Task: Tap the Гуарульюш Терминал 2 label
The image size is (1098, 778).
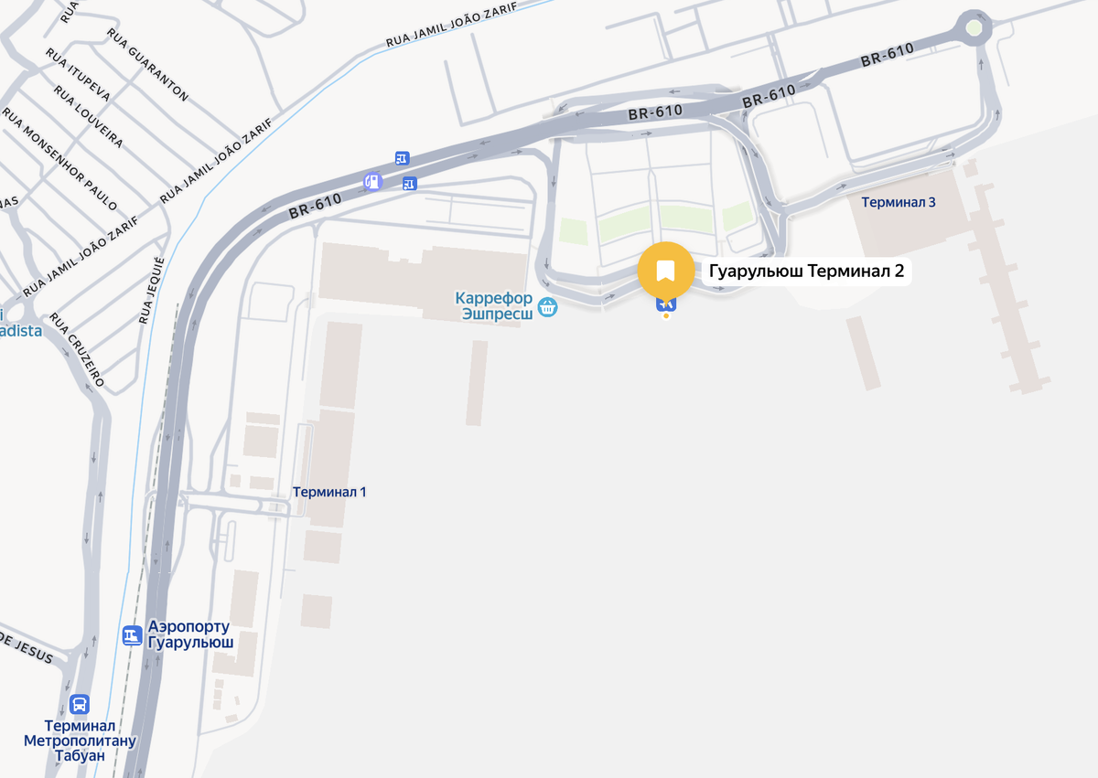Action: pos(807,272)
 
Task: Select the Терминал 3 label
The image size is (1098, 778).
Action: pos(898,202)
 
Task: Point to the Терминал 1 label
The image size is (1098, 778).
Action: pos(329,492)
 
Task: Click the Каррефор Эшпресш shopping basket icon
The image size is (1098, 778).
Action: pos(547,307)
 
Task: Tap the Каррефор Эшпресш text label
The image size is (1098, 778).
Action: pos(494,305)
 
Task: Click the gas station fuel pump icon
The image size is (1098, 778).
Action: pos(372,181)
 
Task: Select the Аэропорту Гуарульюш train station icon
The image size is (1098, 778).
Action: pos(132,634)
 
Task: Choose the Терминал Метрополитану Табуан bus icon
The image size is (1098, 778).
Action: pos(80,705)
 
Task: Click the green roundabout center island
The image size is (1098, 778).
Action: pos(974,28)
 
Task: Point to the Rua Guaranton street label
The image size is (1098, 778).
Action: pos(147,64)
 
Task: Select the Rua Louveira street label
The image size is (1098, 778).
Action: pos(88,117)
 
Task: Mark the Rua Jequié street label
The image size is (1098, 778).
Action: pos(153,292)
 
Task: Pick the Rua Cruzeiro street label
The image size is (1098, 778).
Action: pos(77,349)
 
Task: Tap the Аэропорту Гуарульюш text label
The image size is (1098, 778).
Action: pos(190,634)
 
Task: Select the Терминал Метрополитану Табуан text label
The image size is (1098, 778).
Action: pos(80,741)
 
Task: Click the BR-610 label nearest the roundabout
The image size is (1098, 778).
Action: pos(887,55)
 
